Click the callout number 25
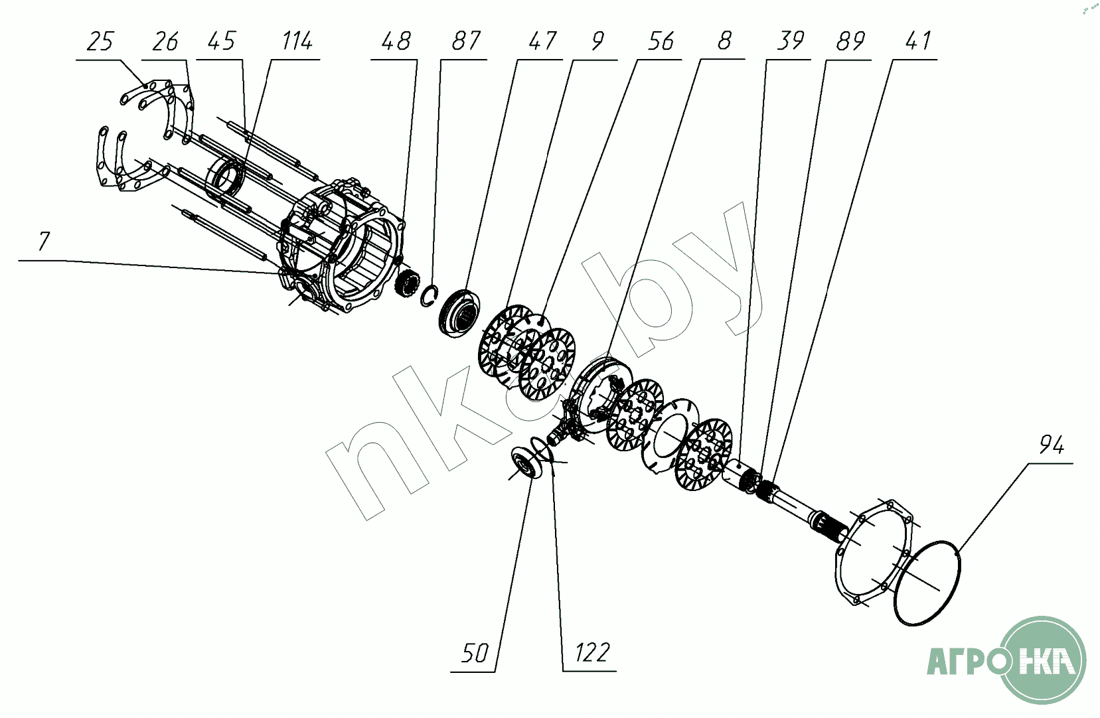point(100,42)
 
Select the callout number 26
point(165,42)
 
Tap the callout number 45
point(222,42)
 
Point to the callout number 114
point(297,42)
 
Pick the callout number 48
point(396,42)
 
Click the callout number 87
point(465,42)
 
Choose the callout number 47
point(542,42)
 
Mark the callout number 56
point(661,42)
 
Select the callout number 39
point(790,42)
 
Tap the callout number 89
point(850,42)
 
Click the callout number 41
point(917,42)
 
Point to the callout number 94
point(1052,445)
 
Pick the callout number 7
point(44,242)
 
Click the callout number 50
point(475,653)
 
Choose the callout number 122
point(591,653)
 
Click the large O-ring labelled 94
point(927,583)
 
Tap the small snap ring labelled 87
point(429,295)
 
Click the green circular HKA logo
point(1042,660)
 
